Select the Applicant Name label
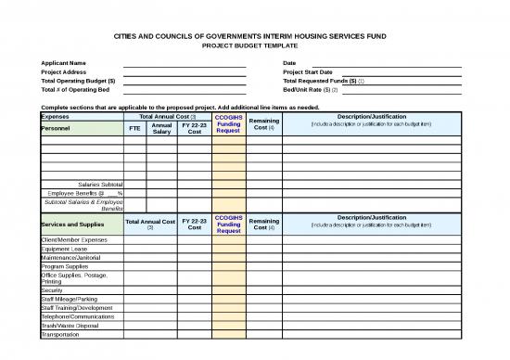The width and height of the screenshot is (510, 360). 64,63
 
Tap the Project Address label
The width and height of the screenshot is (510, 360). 64,72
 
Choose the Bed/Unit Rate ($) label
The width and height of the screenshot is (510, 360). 312,90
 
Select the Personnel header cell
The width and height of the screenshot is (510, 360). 59,129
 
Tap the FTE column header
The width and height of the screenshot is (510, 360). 134,129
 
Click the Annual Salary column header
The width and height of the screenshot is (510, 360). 161,129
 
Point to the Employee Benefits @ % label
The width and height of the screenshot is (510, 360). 84,193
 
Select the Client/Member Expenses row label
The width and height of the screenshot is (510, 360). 74,239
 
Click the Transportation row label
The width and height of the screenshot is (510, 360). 62,335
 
